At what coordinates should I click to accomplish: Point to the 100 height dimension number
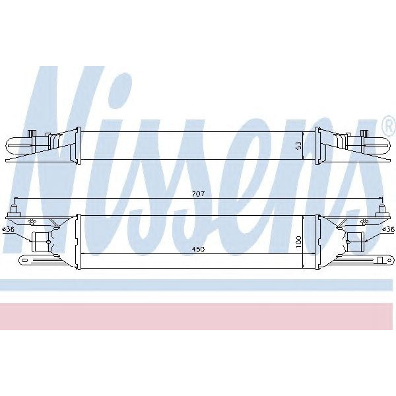click(298, 242)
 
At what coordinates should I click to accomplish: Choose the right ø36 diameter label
click(389, 229)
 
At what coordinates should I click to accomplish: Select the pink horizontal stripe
click(198, 316)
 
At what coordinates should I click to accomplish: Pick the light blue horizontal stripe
click(198, 285)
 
